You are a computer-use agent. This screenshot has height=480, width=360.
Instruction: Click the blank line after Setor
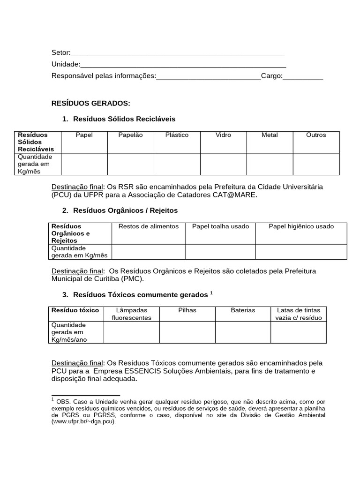tap(177, 52)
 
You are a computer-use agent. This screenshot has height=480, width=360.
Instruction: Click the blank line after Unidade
tap(183, 64)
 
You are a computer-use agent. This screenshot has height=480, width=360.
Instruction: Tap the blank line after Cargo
tap(303, 76)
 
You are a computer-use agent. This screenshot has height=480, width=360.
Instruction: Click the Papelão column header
tap(131, 135)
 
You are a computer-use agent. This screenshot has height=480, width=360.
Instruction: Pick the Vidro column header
tap(223, 135)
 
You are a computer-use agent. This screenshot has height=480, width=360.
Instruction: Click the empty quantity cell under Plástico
tap(177, 164)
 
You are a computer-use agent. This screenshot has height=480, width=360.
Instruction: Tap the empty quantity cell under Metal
tap(270, 164)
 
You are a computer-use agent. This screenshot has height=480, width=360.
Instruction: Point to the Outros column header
tap(316, 135)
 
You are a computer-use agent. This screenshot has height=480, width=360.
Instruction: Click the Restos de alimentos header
tap(149, 226)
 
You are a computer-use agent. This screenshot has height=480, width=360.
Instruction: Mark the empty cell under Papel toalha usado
tap(220, 252)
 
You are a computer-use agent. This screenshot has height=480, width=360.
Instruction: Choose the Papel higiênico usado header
tap(301, 226)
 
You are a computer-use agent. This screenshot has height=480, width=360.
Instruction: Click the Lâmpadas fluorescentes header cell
tap(131, 314)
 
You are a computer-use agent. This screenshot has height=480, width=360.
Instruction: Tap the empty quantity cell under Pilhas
tap(187, 332)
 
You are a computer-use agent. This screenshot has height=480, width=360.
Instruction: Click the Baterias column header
tap(243, 310)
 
